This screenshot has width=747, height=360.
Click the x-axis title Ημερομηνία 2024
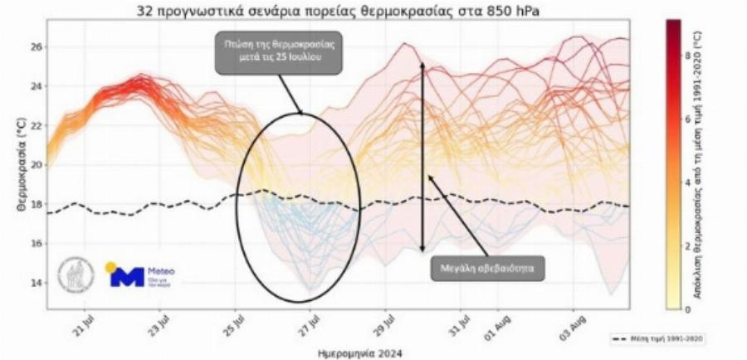tap(360, 353)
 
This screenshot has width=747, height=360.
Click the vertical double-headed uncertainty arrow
tap(422, 156)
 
